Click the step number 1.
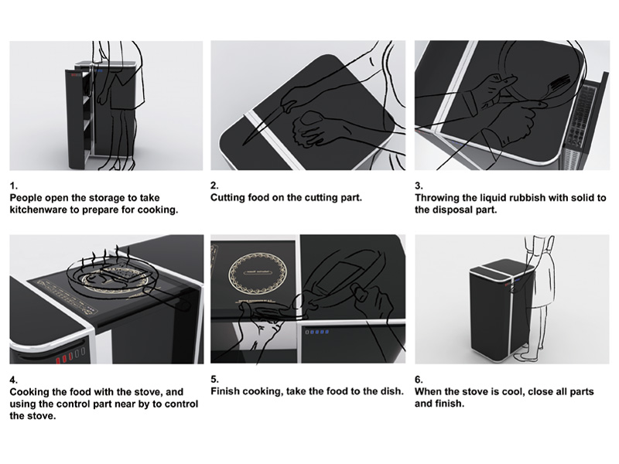(13, 186)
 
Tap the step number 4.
(14, 380)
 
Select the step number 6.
(419, 380)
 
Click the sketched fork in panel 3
(552, 90)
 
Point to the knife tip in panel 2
(244, 144)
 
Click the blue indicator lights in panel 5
(317, 332)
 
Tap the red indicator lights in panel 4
(66, 357)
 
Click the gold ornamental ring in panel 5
(257, 273)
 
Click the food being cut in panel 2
(311, 118)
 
